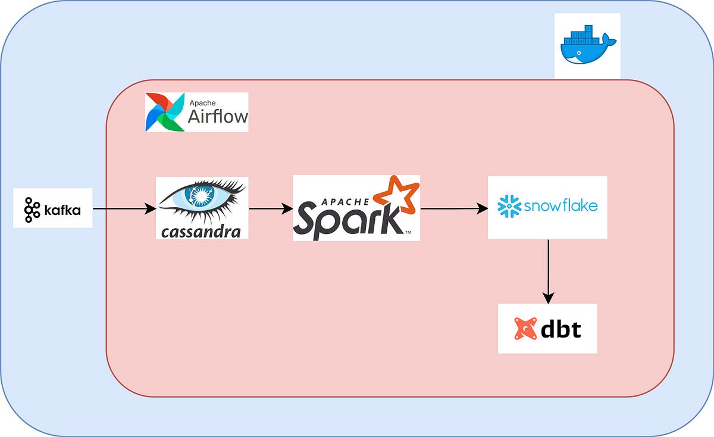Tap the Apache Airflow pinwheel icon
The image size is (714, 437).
pyautogui.click(x=164, y=111)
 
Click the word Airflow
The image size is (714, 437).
pyautogui.click(x=217, y=116)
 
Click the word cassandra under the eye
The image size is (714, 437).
pyautogui.click(x=201, y=231)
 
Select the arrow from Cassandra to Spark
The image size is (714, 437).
pyautogui.click(x=270, y=209)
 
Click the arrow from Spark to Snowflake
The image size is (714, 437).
pyautogui.click(x=453, y=209)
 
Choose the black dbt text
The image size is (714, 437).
pyautogui.click(x=560, y=329)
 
